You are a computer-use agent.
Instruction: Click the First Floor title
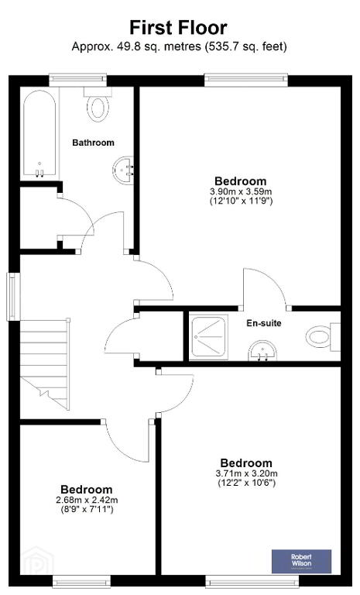pyautogui.click(x=178, y=28)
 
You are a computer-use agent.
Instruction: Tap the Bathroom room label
pyautogui.click(x=93, y=143)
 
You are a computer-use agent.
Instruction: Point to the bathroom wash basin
pyautogui.click(x=124, y=170)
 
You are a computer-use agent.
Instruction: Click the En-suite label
pyautogui.click(x=264, y=323)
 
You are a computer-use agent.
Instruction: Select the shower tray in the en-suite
pyautogui.click(x=208, y=337)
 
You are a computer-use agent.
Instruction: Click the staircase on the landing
pyautogui.click(x=45, y=363)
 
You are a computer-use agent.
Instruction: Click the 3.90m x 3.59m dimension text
pyautogui.click(x=241, y=191)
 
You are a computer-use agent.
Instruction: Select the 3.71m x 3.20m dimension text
pyautogui.click(x=246, y=473)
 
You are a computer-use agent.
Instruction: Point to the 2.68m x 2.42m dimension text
pyautogui.click(x=87, y=500)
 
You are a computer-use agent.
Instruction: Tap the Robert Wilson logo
pyautogui.click(x=301, y=561)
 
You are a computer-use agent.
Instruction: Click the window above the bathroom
pyautogui.click(x=77, y=79)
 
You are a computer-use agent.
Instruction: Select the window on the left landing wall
pyautogui.click(x=14, y=297)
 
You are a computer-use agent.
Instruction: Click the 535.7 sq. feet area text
pyautogui.click(x=245, y=47)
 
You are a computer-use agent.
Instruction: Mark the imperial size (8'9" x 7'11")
pyautogui.click(x=87, y=510)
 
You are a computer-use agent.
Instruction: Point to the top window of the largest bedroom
pyautogui.click(x=246, y=79)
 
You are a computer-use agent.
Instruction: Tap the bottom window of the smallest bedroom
pyautogui.click(x=81, y=582)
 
